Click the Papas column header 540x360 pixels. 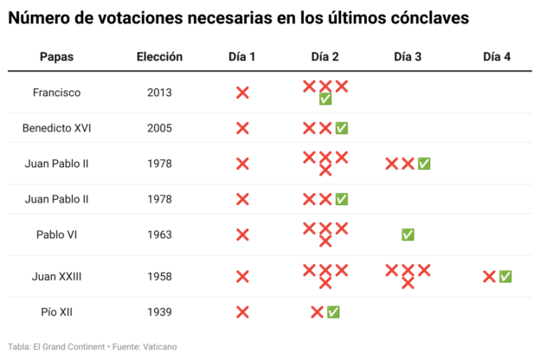56,56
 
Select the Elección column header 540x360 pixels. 159,56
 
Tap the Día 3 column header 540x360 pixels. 408,56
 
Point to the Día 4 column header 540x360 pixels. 497,56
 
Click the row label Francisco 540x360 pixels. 56,93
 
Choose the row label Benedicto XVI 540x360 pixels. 56,128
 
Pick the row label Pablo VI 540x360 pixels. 56,235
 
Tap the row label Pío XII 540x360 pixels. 56,312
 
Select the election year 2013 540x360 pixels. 159,93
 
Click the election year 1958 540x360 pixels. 159,276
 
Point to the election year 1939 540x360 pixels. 159,312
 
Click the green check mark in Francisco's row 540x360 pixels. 325,99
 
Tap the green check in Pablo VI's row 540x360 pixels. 408,235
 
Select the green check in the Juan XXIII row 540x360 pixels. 505,276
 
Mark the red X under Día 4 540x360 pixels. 489,276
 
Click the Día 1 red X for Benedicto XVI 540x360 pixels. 242,128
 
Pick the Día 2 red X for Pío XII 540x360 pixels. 317,312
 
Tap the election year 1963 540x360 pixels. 159,235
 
